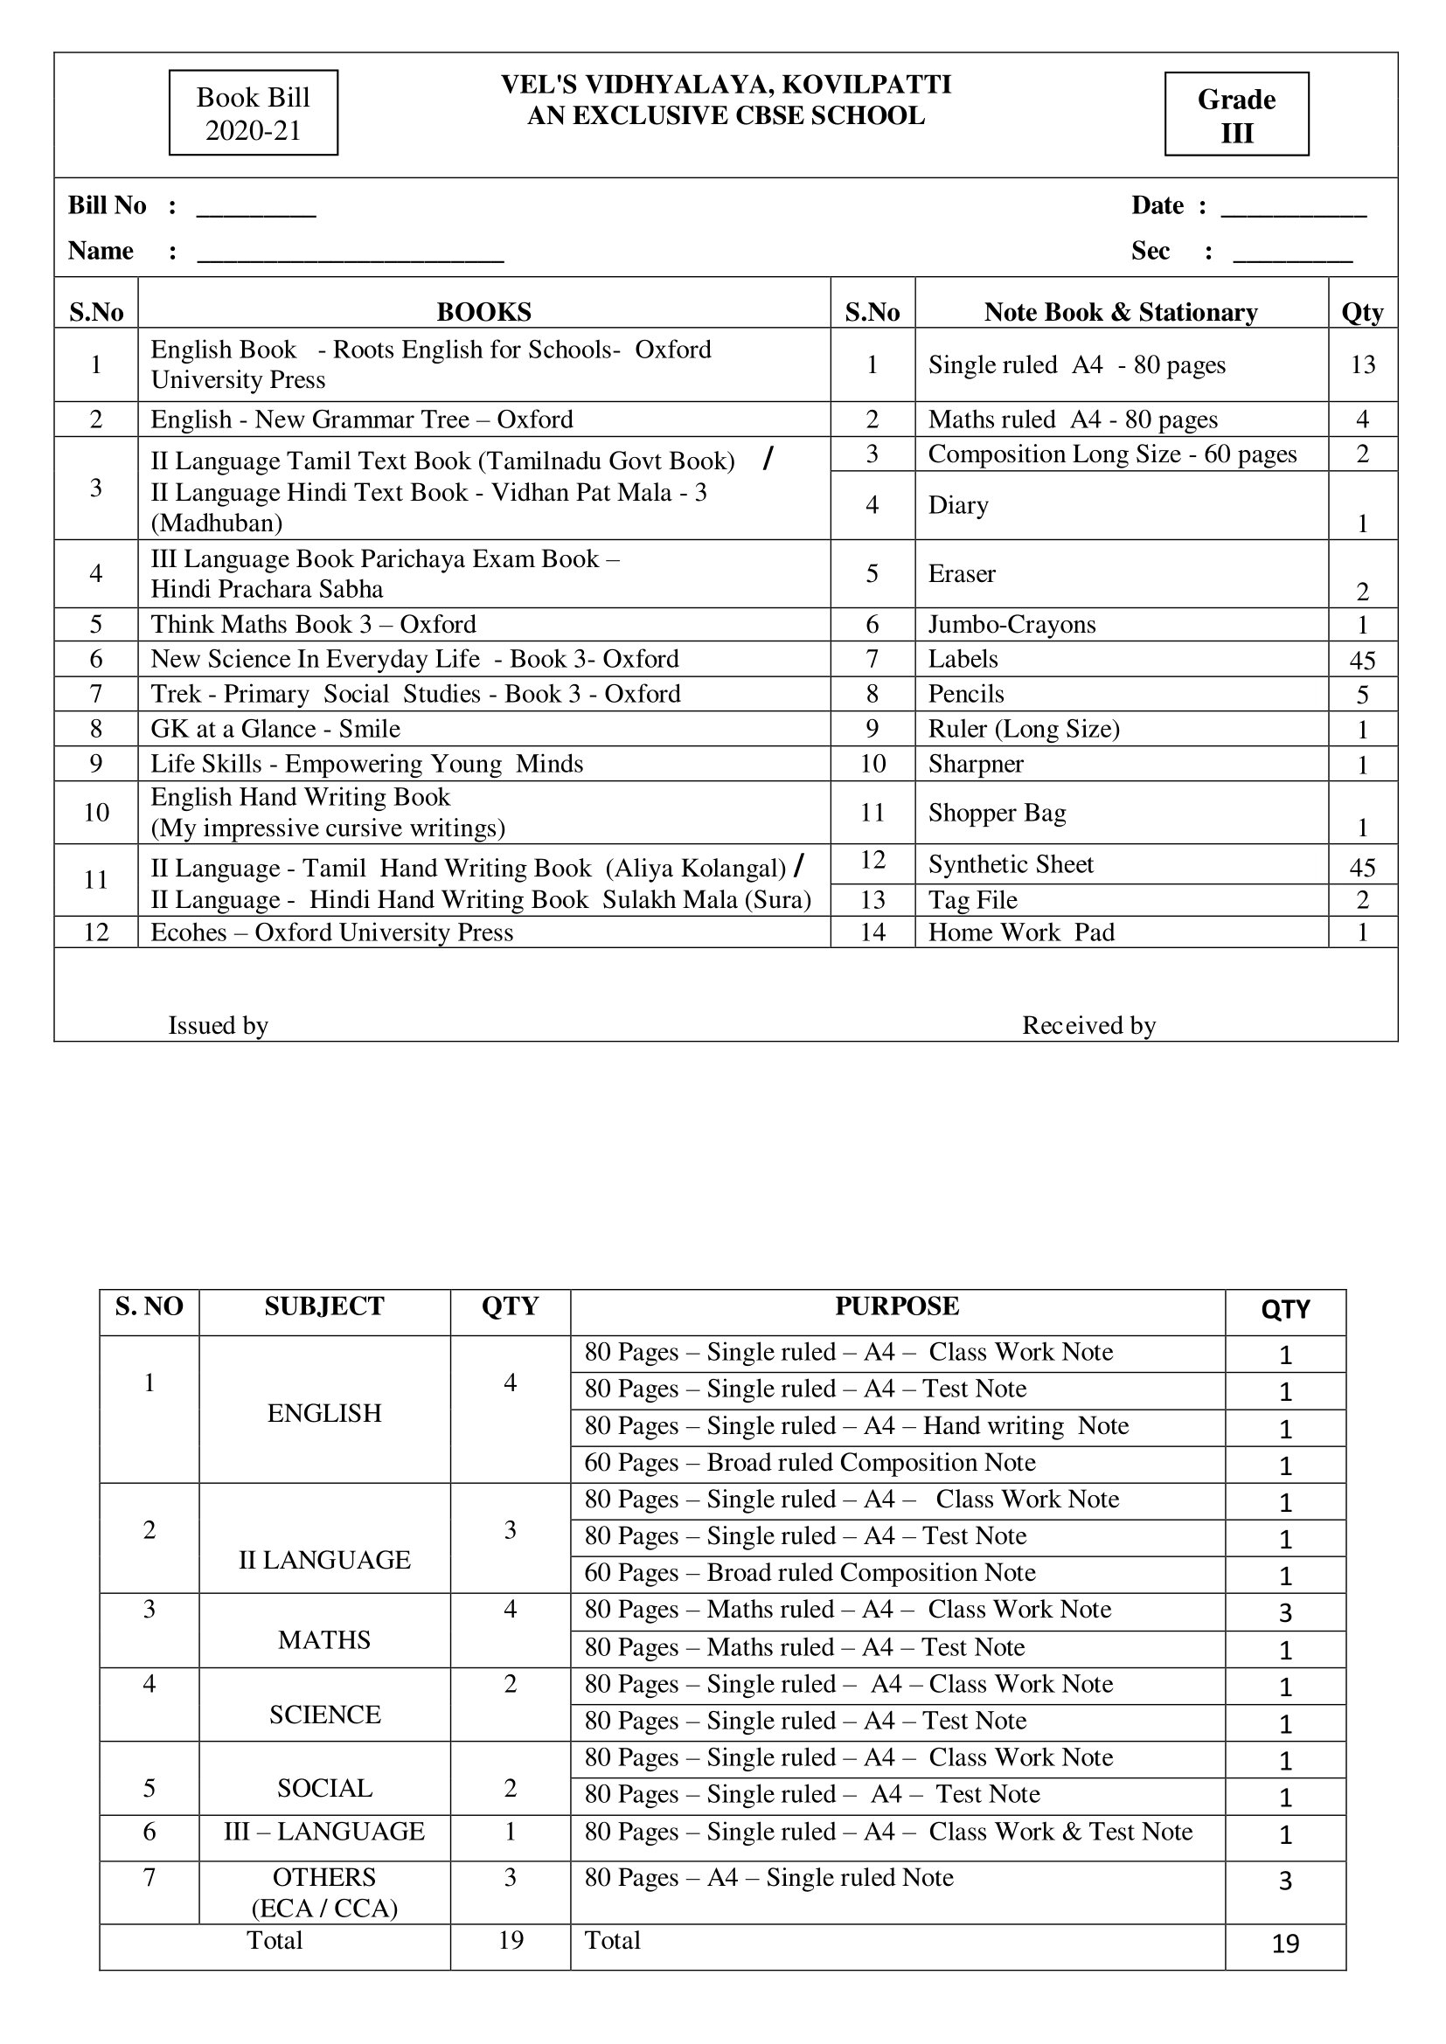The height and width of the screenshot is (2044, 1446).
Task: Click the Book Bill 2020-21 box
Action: point(253,113)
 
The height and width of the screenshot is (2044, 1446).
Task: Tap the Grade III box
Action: point(1236,114)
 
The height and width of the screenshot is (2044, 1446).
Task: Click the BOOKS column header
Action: point(483,312)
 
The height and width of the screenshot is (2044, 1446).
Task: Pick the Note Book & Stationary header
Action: point(1120,312)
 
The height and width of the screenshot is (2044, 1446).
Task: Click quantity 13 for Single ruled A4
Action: point(1362,364)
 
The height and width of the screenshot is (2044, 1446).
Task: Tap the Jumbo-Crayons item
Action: point(1012,624)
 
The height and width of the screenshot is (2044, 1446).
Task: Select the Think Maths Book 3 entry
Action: point(314,624)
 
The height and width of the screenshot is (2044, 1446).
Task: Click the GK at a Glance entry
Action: point(275,728)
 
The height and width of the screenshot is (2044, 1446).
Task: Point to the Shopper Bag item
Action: point(997,812)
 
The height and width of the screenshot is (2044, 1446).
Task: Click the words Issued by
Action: point(219,1026)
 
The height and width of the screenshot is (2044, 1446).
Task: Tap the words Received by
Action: point(1088,1026)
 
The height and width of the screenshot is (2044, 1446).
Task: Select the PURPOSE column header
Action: point(897,1306)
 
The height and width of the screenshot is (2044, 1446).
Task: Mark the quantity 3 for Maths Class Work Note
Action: point(1285,1612)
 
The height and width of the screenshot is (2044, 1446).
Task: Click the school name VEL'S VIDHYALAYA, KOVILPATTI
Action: point(726,85)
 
